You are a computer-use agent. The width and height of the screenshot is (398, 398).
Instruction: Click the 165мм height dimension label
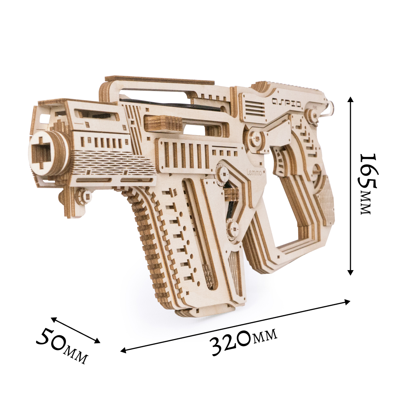368,184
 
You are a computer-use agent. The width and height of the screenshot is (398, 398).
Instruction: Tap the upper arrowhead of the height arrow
350,99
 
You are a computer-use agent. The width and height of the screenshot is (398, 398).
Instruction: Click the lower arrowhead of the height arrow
350,272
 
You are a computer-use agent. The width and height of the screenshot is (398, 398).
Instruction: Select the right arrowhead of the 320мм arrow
347,301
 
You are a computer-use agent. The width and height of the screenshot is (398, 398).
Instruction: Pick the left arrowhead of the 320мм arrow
123,350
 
